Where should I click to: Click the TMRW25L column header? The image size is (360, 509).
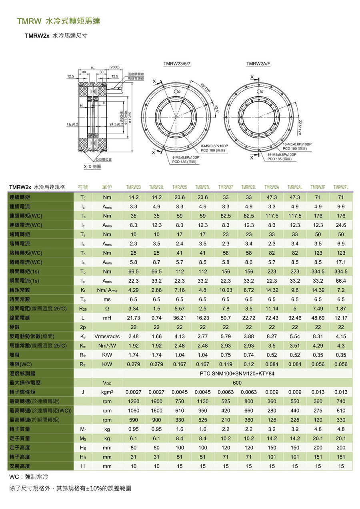(x=203, y=187)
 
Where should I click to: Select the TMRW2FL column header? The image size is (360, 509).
(x=341, y=187)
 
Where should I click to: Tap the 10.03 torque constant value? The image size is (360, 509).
(x=226, y=290)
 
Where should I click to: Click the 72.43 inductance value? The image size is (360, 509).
(x=272, y=318)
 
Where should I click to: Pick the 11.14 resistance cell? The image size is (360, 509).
(x=272, y=309)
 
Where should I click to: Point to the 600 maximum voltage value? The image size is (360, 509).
(x=237, y=383)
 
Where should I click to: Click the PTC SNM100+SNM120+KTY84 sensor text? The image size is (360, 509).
(x=237, y=373)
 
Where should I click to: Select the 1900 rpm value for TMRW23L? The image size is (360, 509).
(x=156, y=401)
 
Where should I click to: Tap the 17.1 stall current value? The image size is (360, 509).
(x=341, y=262)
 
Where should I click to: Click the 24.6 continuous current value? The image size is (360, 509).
(x=341, y=225)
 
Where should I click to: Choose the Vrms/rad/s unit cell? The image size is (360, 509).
(x=107, y=336)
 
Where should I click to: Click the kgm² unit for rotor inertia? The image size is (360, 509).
(x=107, y=392)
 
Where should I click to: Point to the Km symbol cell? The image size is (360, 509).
(x=83, y=345)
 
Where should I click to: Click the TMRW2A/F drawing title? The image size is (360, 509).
(x=258, y=64)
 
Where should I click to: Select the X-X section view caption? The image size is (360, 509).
(x=92, y=167)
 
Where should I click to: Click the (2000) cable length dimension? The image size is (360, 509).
(x=114, y=67)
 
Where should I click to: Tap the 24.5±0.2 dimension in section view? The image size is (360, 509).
(x=116, y=124)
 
